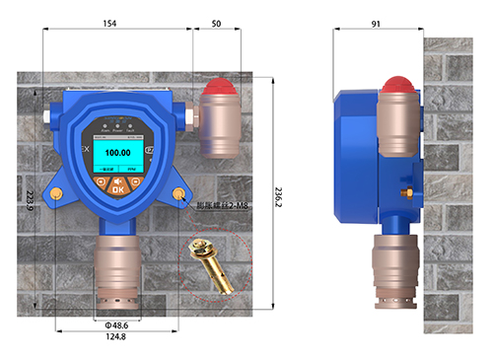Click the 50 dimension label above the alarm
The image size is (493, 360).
216,21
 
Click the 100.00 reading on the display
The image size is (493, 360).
118,153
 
